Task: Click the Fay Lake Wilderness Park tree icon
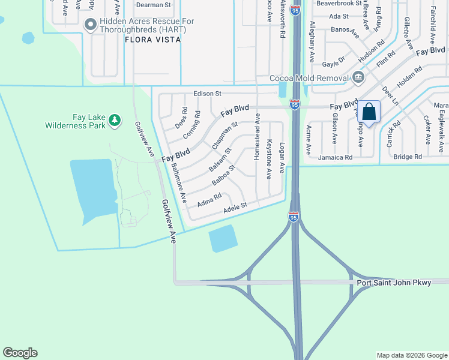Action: (x=114, y=121)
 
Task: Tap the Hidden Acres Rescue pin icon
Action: (x=91, y=25)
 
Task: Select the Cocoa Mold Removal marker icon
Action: (x=358, y=77)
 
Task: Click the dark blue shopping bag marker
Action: (x=369, y=112)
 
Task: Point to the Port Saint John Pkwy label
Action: (x=394, y=283)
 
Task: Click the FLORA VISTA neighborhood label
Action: (x=149, y=40)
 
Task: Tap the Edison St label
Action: (x=208, y=94)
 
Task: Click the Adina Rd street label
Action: (x=209, y=199)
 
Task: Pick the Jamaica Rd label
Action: (x=336, y=157)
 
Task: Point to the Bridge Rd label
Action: (x=408, y=157)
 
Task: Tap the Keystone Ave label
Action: (x=269, y=160)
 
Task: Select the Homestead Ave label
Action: (x=257, y=136)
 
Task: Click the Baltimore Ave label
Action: (x=179, y=183)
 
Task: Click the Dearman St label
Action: (x=154, y=5)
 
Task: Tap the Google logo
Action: (x=20, y=353)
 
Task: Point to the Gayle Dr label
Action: (x=334, y=62)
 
